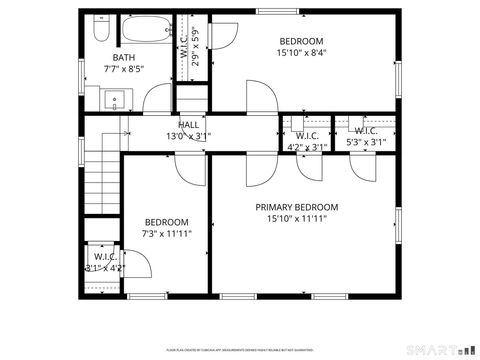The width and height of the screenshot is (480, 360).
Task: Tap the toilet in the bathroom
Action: pyautogui.click(x=100, y=27)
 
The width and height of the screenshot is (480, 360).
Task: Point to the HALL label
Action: pyautogui.click(x=188, y=124)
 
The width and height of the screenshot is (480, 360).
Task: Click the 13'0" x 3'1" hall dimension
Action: pyautogui.click(x=188, y=136)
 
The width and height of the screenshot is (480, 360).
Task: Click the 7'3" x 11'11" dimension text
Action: pyautogui.click(x=167, y=233)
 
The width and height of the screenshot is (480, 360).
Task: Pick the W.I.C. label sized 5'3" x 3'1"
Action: pyautogui.click(x=365, y=131)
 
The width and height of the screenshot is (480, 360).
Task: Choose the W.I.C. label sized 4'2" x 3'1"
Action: pyautogui.click(x=307, y=136)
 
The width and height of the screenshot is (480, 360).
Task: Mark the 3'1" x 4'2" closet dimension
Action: pyautogui.click(x=104, y=268)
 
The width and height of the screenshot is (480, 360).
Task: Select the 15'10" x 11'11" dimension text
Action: pyautogui.click(x=302, y=219)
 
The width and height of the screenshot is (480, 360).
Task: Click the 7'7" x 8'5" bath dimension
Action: pyautogui.click(x=124, y=70)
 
